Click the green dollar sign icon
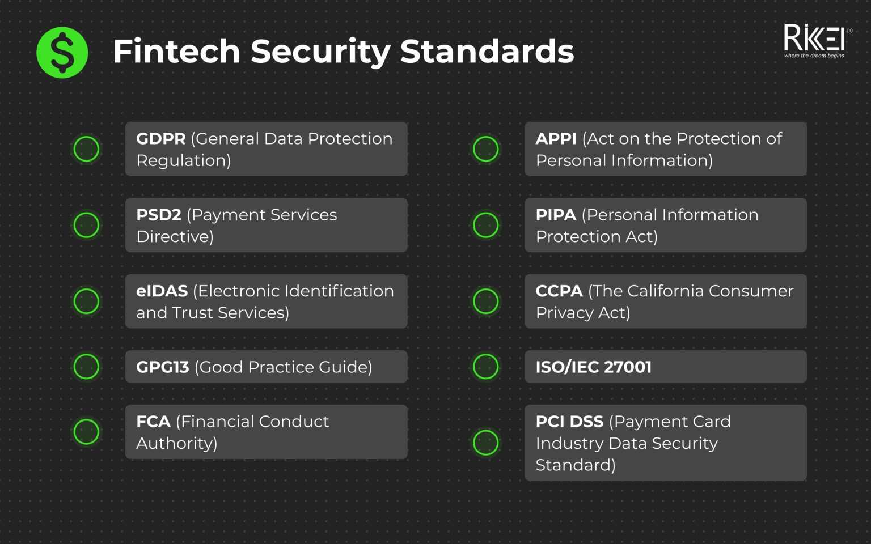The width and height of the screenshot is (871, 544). [62, 53]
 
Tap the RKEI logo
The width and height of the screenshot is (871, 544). [815, 41]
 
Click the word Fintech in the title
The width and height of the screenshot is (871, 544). [176, 52]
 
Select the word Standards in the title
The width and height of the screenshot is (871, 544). [487, 52]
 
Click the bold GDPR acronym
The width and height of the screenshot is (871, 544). [161, 139]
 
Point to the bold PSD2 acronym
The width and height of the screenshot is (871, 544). [159, 215]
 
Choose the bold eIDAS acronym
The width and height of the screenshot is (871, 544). [162, 291]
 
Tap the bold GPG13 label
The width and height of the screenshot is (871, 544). [163, 367]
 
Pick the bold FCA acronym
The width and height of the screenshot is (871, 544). [153, 422]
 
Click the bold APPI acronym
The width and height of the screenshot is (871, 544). [556, 139]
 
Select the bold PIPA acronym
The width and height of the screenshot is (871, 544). [556, 215]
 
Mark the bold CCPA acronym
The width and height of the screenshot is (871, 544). [559, 291]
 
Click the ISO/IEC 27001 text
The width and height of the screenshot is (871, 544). [594, 367]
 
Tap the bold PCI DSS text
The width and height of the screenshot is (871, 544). [570, 422]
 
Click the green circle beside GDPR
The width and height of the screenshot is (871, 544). [87, 149]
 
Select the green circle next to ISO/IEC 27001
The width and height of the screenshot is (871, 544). [486, 367]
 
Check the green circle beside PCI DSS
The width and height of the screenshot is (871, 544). [486, 443]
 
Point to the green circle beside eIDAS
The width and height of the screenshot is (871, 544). [87, 301]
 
